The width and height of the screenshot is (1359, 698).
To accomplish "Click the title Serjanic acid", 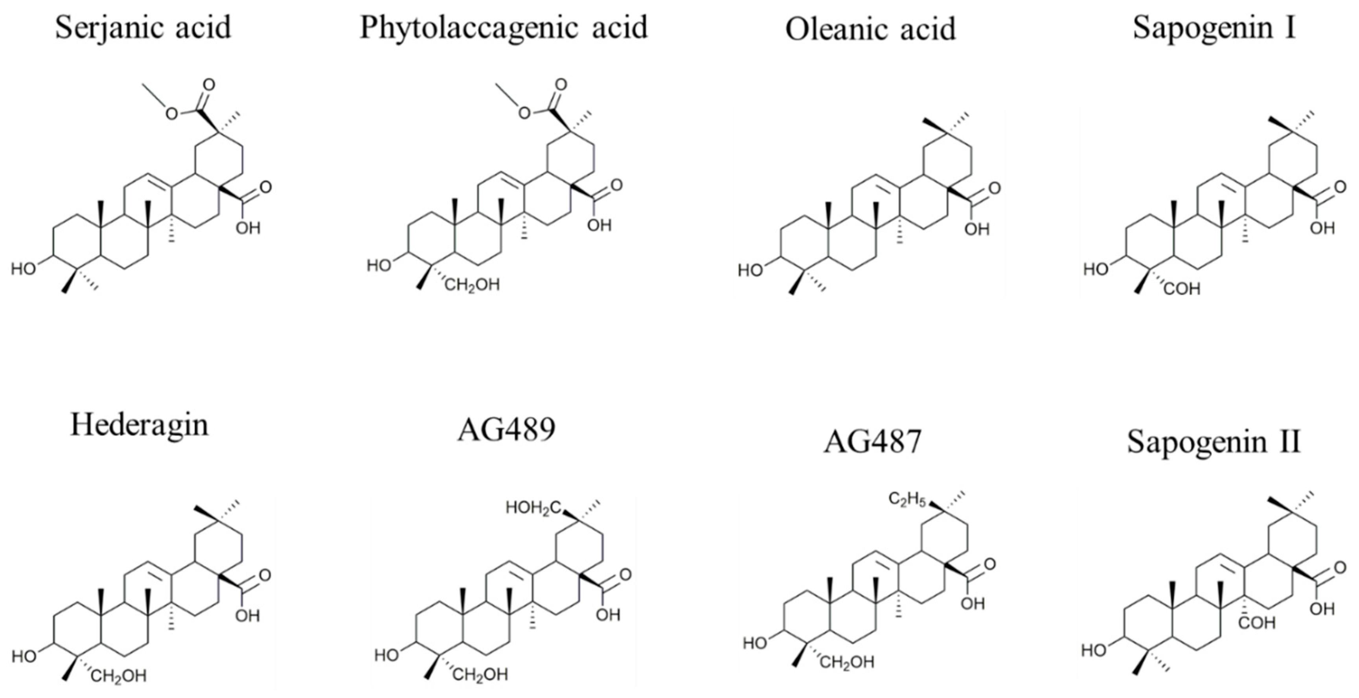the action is click(143, 28).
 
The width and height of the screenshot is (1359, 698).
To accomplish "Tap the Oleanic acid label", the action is click(870, 29).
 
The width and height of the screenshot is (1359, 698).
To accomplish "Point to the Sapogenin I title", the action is click(1214, 28).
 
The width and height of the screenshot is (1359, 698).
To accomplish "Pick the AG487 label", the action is click(873, 442).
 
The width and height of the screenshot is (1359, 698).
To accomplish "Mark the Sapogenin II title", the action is click(1214, 442).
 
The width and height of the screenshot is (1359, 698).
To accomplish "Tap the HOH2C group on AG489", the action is click(533, 507).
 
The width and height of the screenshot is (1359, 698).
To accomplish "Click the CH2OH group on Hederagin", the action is click(118, 676).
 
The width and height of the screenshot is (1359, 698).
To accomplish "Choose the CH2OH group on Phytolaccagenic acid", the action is click(472, 285).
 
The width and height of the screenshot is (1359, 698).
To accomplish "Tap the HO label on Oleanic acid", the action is click(750, 271).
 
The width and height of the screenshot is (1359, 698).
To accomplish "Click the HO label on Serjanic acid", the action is click(23, 269).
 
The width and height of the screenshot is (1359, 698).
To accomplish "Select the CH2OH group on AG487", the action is click(847, 662).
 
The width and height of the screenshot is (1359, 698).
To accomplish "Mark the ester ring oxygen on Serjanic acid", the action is click(171, 114).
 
